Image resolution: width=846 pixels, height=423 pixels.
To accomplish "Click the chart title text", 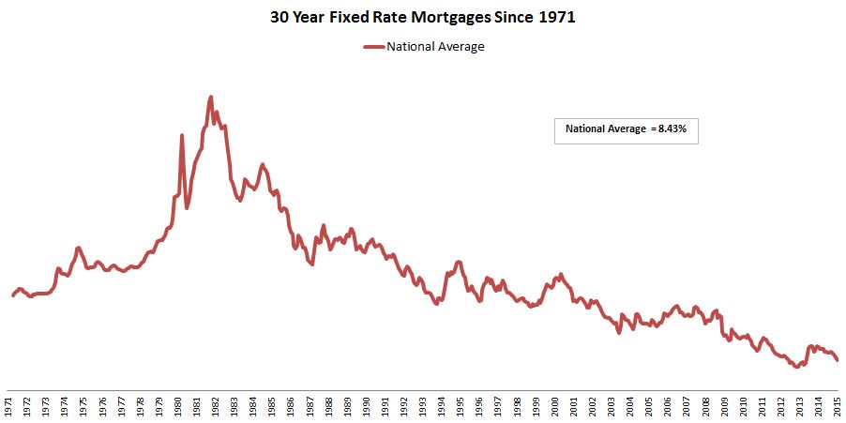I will click(x=422, y=17).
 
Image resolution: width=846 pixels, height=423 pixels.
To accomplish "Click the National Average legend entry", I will click(x=435, y=46).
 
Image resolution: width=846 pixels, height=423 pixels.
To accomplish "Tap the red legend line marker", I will click(x=373, y=46).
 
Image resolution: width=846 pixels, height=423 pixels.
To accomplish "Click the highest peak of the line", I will click(x=210, y=97).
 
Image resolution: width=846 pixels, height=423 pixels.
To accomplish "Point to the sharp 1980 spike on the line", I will click(x=182, y=136).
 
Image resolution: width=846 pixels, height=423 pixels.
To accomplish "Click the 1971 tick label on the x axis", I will click(x=8, y=405).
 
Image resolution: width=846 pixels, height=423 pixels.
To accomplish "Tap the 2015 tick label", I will click(x=838, y=405).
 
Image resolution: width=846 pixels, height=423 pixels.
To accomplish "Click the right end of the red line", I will click(x=838, y=360).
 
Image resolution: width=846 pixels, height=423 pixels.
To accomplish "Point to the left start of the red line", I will click(x=13, y=295).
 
